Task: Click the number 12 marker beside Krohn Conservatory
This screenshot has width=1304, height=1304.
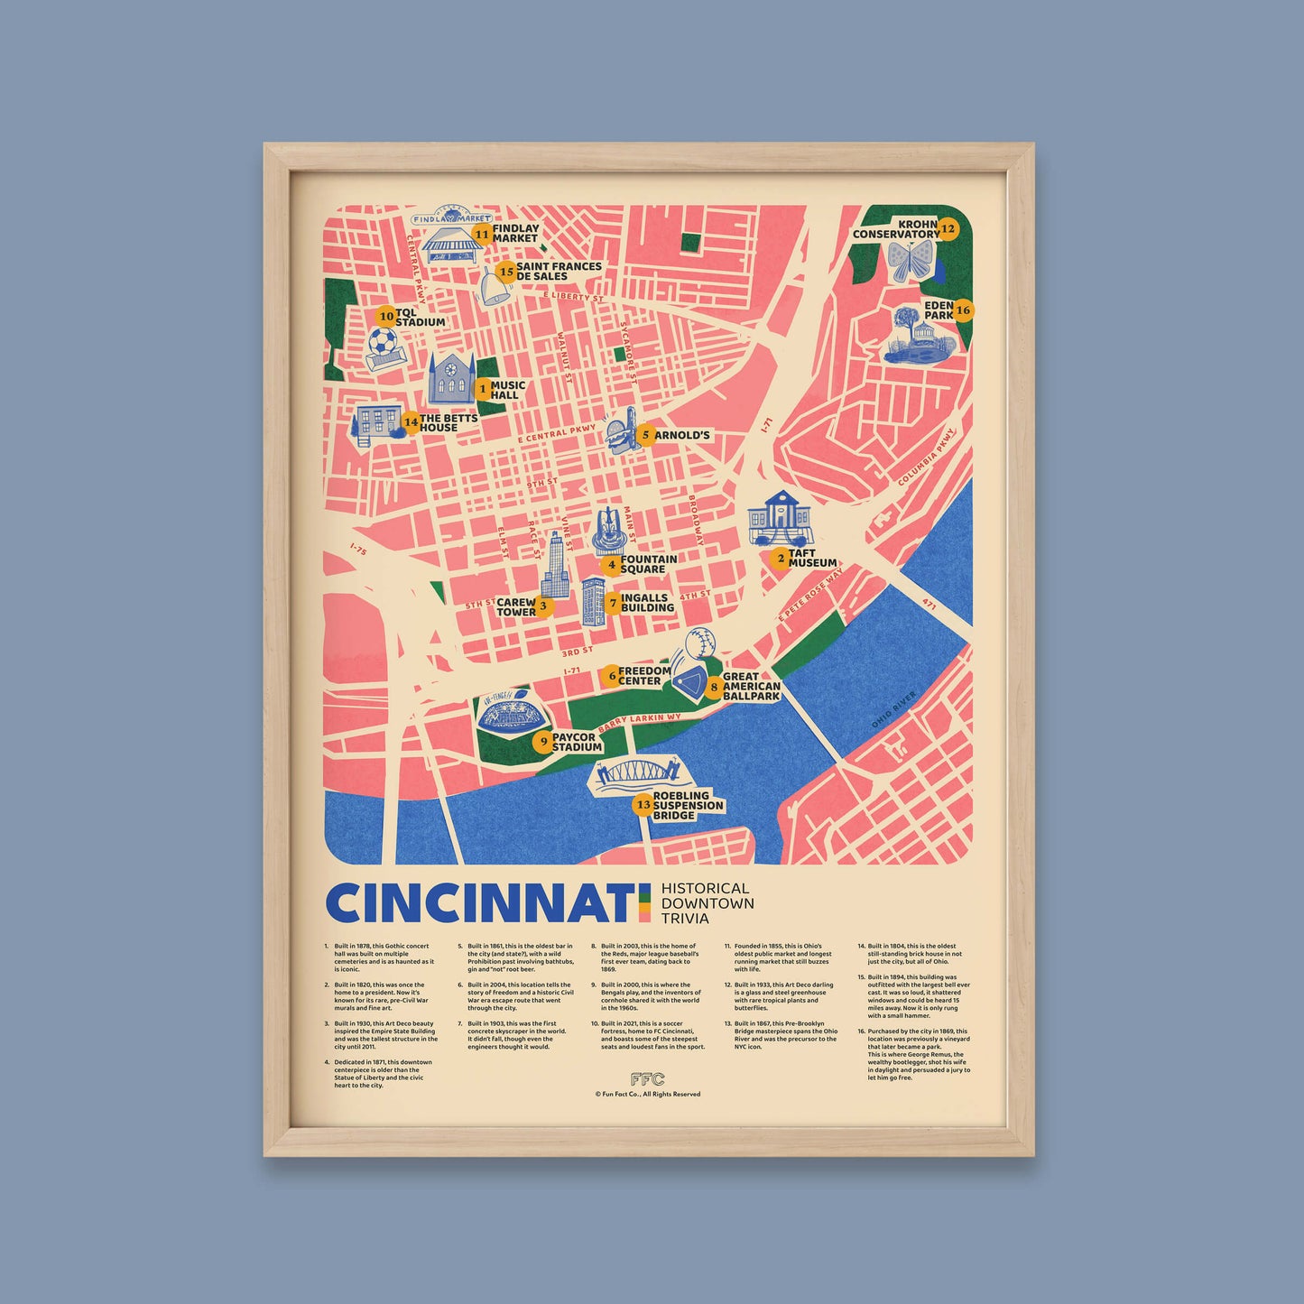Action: (948, 228)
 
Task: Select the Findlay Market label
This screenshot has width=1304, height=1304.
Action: (515, 234)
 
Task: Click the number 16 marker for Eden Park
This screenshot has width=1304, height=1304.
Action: (963, 310)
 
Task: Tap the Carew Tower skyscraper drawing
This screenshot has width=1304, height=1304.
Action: (555, 566)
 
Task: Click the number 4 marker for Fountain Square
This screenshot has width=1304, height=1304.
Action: (612, 566)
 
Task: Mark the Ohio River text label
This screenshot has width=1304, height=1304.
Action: (894, 711)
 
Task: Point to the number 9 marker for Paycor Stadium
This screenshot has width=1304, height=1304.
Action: (542, 742)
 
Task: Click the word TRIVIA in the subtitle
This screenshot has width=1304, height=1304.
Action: (685, 919)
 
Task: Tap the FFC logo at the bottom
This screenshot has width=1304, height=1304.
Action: (647, 1079)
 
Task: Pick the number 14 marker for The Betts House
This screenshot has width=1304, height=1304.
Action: (411, 421)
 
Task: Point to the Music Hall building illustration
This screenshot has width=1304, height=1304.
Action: (450, 379)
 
